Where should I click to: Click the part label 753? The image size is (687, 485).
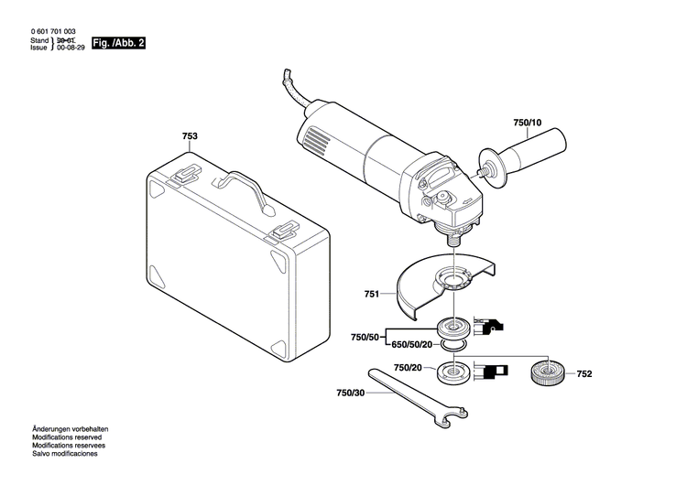(190, 136)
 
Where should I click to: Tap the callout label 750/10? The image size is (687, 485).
(528, 123)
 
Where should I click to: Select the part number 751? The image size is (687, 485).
(371, 294)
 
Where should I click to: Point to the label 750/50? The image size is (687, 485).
(364, 338)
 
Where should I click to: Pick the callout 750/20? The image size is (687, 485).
(407, 367)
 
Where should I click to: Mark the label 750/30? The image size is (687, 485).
(350, 392)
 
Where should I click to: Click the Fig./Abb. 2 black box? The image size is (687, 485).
(118, 42)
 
